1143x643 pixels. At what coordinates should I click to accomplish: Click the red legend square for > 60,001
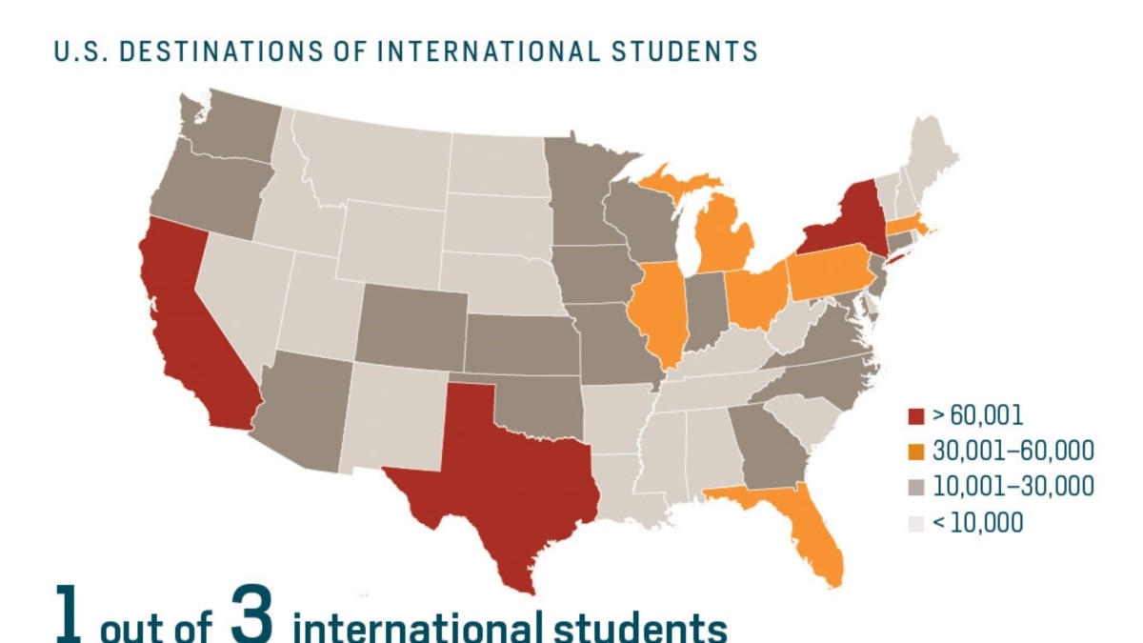pos(916,415)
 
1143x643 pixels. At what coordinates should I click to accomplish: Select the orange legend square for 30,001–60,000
pos(916,452)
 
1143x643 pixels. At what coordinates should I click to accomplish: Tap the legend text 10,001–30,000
pos(1012,487)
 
